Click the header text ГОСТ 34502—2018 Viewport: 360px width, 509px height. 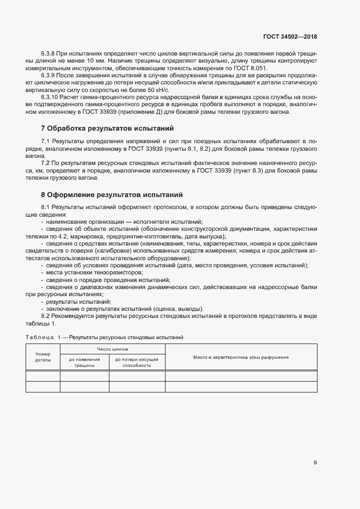289,36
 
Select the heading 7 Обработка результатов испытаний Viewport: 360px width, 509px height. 107,128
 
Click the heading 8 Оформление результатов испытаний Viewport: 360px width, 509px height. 112,194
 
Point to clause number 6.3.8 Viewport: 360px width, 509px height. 48,54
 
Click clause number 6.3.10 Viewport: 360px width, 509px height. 50,97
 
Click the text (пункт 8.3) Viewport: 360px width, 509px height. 251,170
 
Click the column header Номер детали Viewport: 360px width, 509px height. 42,357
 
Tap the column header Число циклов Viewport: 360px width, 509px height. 112,349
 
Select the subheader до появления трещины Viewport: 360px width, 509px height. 84,363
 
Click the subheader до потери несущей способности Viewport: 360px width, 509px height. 137,363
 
